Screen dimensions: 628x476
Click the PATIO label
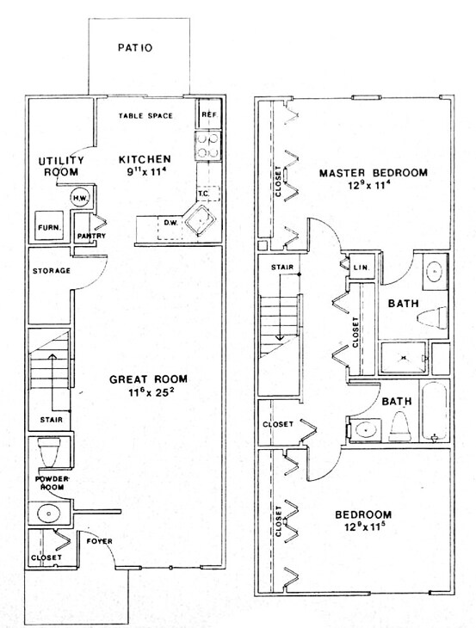tap(135, 48)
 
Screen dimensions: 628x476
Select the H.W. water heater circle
tap(78, 197)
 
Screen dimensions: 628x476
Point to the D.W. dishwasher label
tap(170, 224)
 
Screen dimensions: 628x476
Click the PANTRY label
tap(90, 235)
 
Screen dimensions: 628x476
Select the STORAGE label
tap(51, 271)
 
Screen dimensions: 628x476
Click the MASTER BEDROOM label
tap(373, 173)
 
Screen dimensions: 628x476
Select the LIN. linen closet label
tap(362, 268)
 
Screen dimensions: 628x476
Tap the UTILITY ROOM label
tap(61, 166)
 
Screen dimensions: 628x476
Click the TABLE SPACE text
tap(145, 115)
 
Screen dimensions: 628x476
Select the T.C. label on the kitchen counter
tap(204, 194)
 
